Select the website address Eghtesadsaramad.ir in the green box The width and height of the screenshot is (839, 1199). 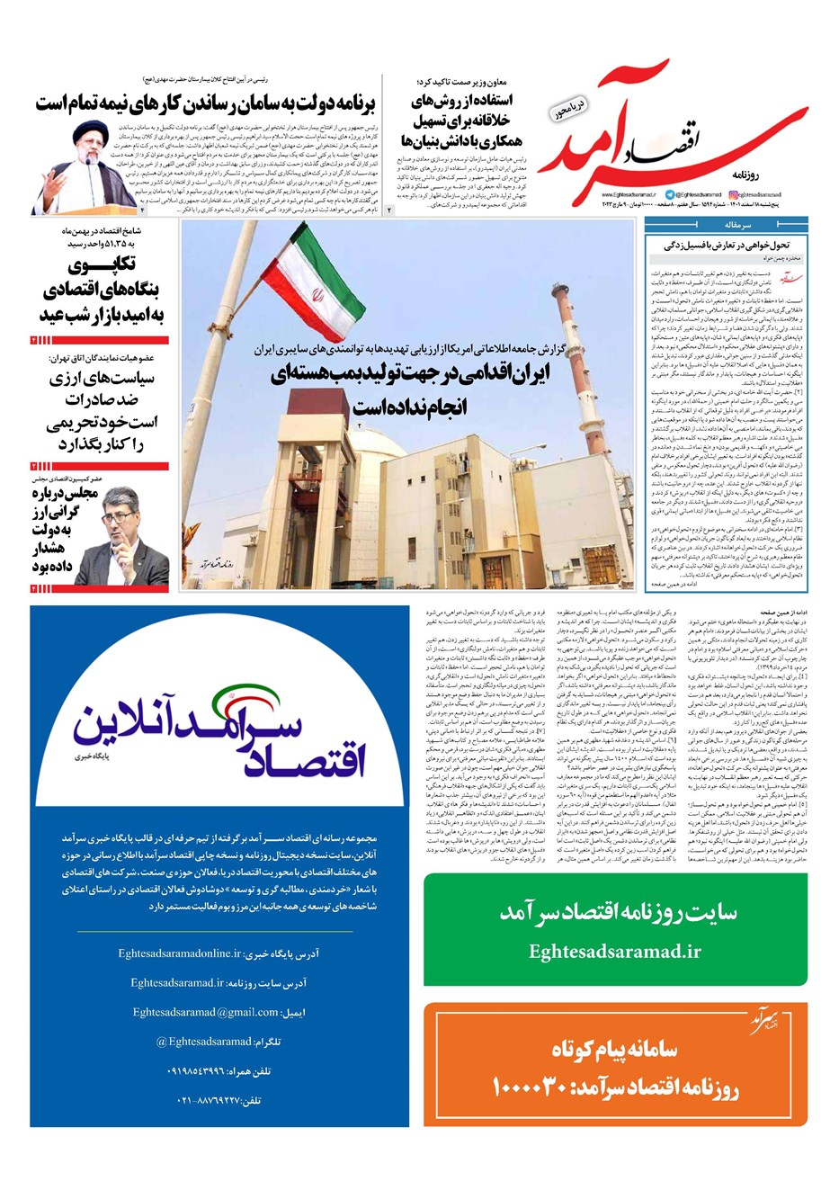pos(615,952)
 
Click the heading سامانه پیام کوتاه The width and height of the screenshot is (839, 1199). pos(615,1049)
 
